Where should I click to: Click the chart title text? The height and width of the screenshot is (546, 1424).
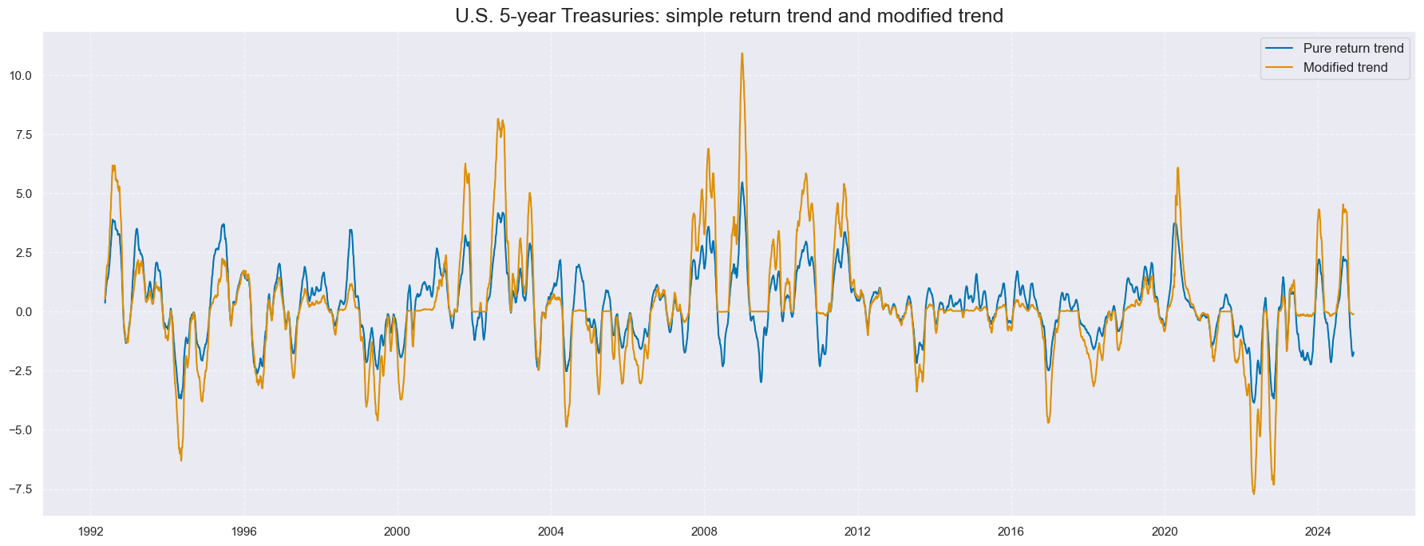(729, 16)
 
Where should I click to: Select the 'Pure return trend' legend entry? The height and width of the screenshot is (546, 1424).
(1353, 49)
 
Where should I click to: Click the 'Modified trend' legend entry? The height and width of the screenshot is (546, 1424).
(1345, 68)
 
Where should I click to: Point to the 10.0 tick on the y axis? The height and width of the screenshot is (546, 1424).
(21, 76)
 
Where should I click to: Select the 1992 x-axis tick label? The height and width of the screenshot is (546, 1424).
(90, 532)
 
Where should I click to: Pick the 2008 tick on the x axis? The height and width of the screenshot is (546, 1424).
(704, 532)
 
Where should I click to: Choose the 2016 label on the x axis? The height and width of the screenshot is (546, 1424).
(1011, 532)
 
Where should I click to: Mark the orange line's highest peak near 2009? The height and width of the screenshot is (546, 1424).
(742, 54)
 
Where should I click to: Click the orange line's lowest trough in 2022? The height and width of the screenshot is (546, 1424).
(1253, 493)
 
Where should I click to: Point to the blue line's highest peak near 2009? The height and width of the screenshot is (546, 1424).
(742, 183)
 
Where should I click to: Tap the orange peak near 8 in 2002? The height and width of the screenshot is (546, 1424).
(498, 120)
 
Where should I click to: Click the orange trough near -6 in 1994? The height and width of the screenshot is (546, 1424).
(180, 460)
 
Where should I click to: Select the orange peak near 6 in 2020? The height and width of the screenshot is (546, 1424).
(1177, 168)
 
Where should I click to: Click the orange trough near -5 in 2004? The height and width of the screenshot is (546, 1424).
(566, 426)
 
